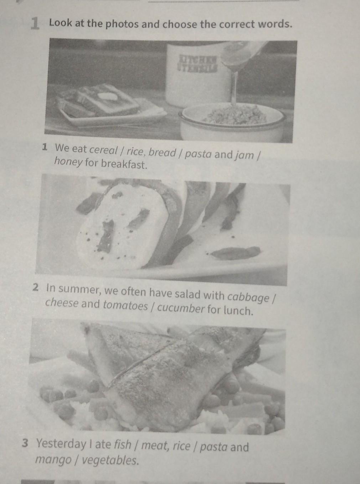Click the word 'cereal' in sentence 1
coord(104,151)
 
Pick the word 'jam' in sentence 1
coord(244,155)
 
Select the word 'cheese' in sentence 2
coord(62,303)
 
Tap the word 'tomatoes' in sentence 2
coord(125,305)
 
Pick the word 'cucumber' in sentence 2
coord(181,308)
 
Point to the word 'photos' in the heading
coord(122,24)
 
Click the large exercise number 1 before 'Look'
coord(35,24)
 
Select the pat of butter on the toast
coord(107,95)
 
